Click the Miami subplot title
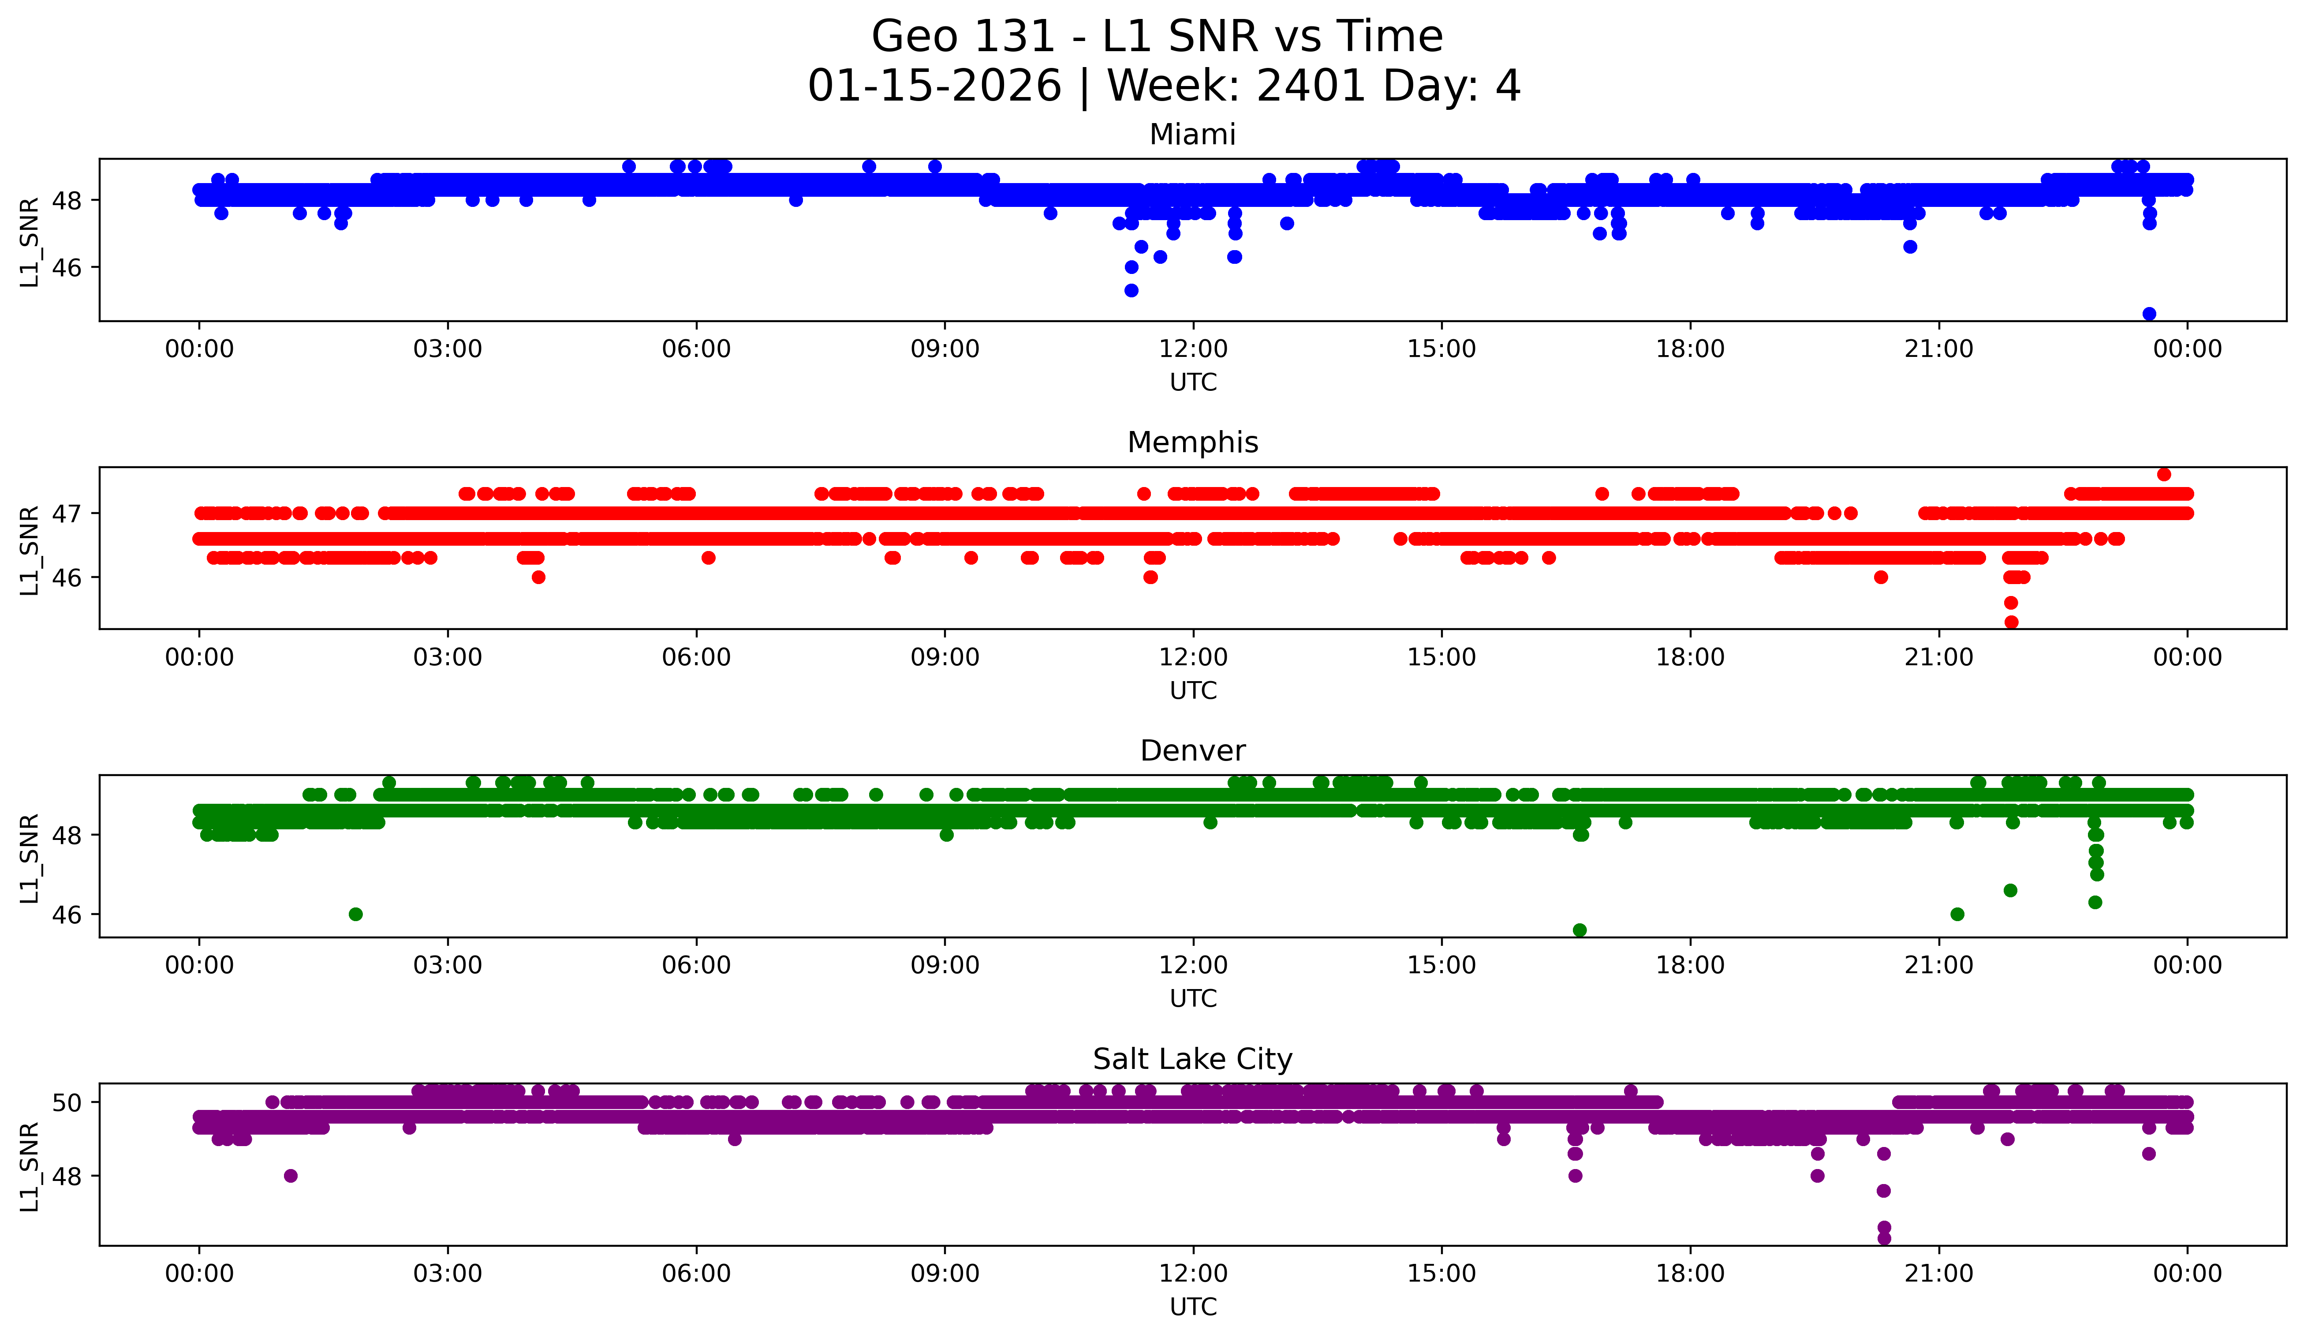(x=1192, y=135)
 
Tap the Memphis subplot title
(x=1192, y=442)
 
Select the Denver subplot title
(x=1192, y=751)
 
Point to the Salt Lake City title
(x=1192, y=1059)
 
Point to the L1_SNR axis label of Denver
(x=29, y=858)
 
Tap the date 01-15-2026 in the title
(x=934, y=86)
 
